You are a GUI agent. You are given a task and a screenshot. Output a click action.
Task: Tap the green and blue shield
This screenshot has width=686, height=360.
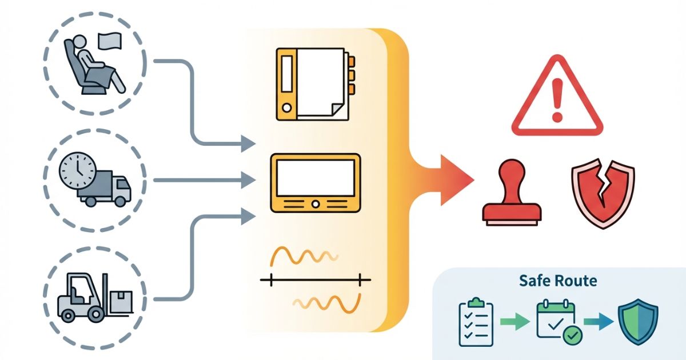[638, 322]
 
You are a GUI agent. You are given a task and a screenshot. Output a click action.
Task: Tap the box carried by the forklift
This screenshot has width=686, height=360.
[121, 299]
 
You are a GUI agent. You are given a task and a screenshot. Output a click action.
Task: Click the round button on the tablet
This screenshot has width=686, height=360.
[315, 203]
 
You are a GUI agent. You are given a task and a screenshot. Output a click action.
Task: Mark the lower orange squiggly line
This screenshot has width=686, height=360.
[326, 303]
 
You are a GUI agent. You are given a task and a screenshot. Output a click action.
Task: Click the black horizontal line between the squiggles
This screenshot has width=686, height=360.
[315, 280]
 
